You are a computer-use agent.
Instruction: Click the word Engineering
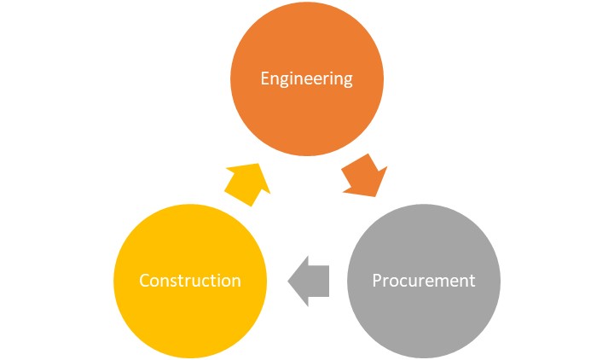(x=306, y=79)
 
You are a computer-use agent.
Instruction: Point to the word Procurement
(x=423, y=280)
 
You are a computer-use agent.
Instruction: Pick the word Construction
(x=190, y=280)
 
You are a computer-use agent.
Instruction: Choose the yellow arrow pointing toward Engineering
(x=246, y=181)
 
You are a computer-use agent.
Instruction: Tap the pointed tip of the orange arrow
(x=378, y=195)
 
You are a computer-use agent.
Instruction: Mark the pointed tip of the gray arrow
(x=289, y=281)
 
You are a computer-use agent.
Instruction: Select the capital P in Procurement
(x=378, y=280)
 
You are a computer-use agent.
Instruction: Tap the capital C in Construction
(x=145, y=280)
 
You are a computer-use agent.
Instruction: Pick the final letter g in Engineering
(x=347, y=81)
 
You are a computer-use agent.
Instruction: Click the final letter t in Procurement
(x=472, y=280)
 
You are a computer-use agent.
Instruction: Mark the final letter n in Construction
(x=236, y=281)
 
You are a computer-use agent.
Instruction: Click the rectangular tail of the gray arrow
(x=321, y=281)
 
